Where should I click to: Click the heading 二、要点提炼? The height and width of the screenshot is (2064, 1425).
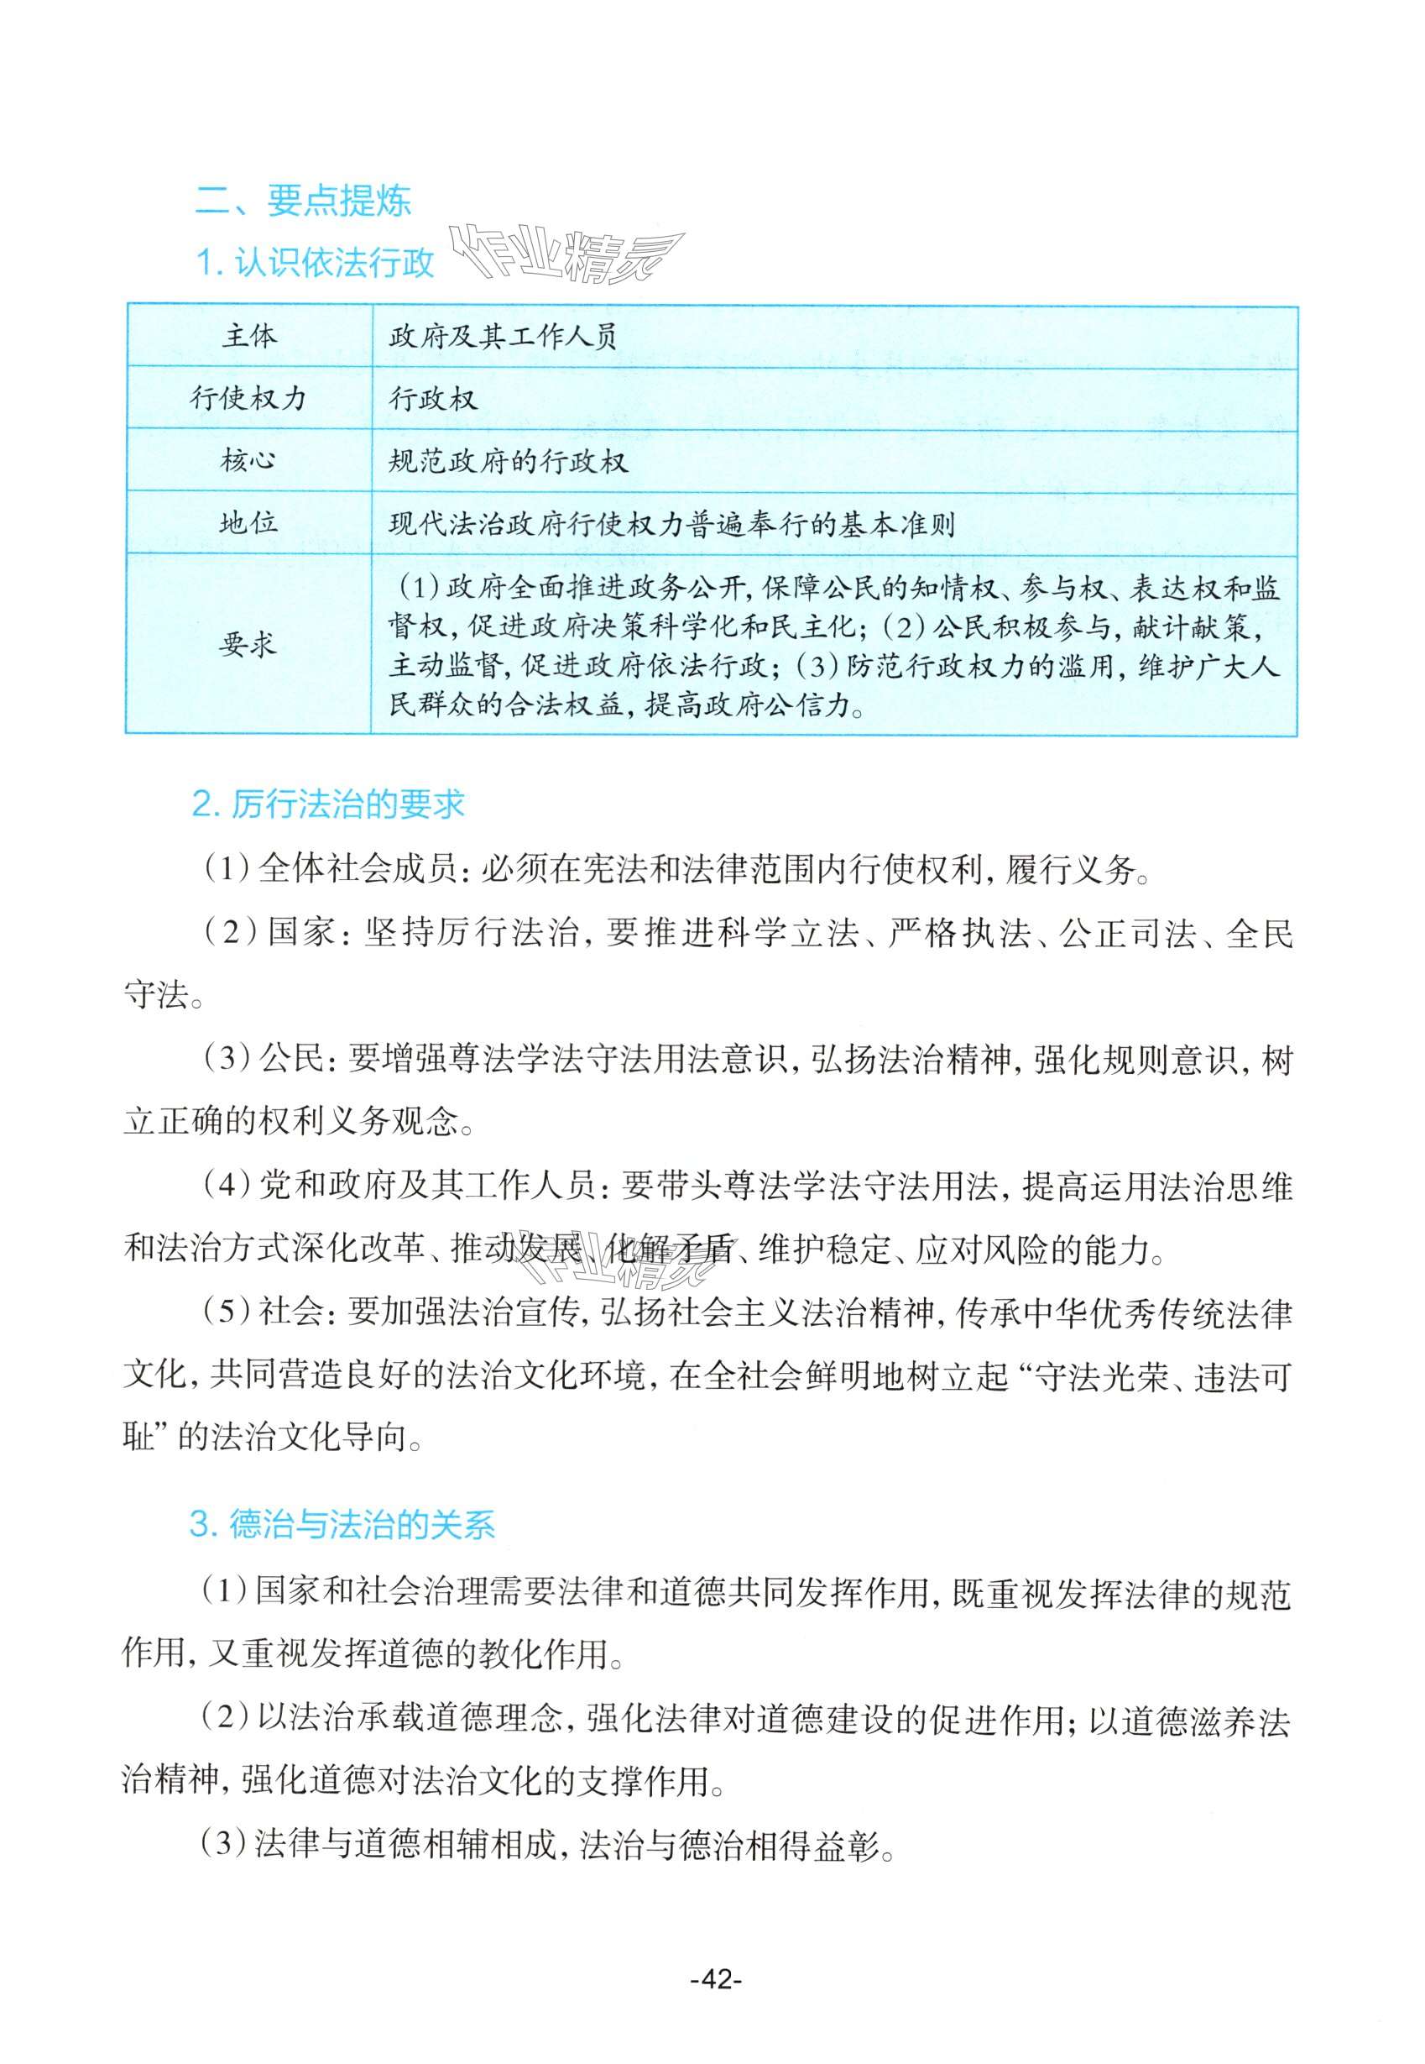pyautogui.click(x=303, y=201)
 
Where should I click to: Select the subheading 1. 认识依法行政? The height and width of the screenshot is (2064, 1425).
pyautogui.click(x=314, y=263)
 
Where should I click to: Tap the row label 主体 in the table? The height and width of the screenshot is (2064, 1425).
pyautogui.click(x=249, y=337)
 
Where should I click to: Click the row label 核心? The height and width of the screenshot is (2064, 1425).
pyautogui.click(x=248, y=461)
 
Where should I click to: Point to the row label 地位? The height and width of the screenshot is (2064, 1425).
pyautogui.click(x=248, y=523)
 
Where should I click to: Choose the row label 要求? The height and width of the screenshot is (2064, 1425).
pyautogui.click(x=248, y=645)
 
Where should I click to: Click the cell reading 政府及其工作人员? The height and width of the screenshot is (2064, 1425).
pyautogui.click(x=504, y=338)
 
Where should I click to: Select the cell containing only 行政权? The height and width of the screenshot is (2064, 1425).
pyautogui.click(x=433, y=399)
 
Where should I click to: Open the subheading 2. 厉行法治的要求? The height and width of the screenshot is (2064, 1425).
pyautogui.click(x=329, y=805)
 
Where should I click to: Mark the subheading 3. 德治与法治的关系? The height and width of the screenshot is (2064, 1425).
pyautogui.click(x=342, y=1525)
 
